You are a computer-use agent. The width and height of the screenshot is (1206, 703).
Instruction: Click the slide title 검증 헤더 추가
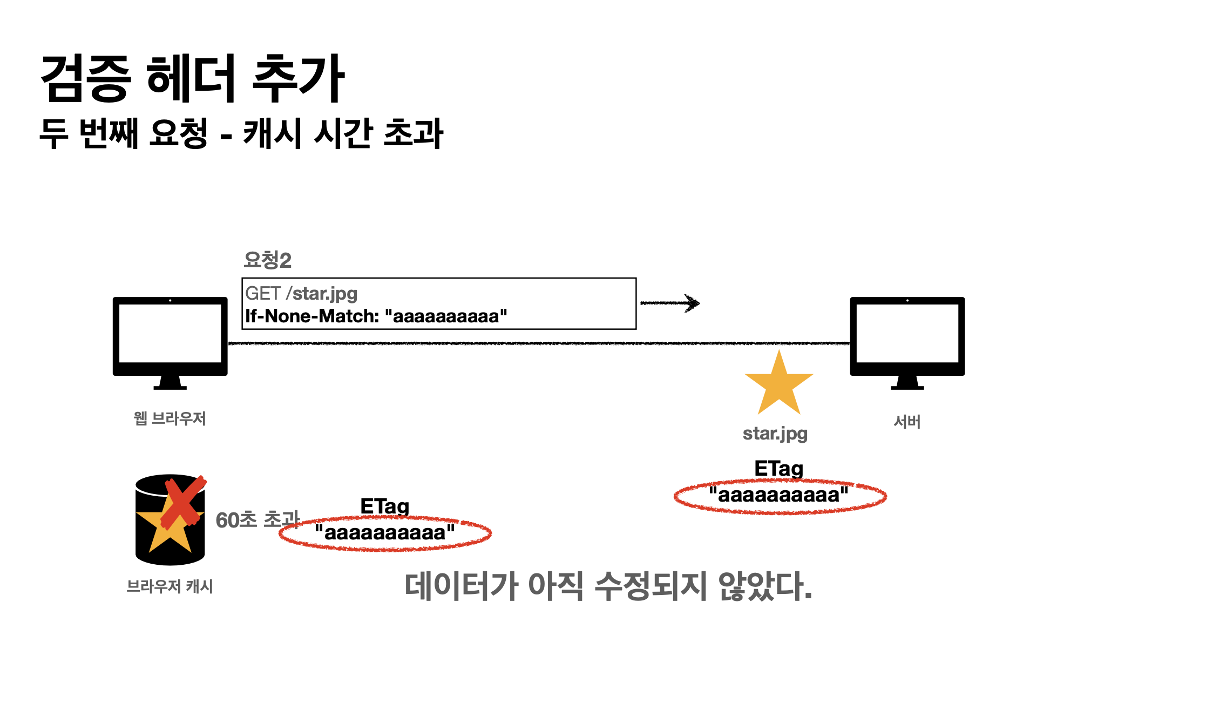tap(193, 78)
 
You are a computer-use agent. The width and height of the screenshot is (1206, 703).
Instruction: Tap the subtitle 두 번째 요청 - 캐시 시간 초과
tap(241, 133)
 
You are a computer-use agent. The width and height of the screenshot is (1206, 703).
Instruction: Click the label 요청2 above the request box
tap(267, 260)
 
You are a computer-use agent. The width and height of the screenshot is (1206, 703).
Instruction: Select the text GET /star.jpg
tap(301, 293)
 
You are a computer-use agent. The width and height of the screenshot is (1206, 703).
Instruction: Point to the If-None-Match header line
tap(376, 316)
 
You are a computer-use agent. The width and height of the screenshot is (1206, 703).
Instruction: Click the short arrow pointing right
tap(670, 303)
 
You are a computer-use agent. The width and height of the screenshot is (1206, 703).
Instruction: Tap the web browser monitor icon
tap(170, 343)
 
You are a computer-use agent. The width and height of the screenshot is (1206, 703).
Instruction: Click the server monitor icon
tap(907, 343)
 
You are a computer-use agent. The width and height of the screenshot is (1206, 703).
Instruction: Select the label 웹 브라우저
tap(170, 418)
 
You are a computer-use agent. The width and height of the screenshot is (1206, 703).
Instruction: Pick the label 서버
tap(907, 422)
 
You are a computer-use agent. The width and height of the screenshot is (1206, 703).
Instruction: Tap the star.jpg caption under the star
tap(775, 434)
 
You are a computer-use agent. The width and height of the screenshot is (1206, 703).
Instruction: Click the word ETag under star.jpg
tap(779, 469)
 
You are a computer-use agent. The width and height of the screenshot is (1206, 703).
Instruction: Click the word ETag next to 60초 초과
tap(385, 506)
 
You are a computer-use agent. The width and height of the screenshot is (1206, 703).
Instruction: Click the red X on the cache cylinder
tap(184, 501)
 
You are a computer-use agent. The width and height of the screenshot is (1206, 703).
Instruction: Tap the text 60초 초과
tap(258, 520)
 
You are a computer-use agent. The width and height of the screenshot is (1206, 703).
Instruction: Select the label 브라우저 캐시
tap(170, 586)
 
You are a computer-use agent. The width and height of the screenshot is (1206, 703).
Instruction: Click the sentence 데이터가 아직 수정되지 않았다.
tap(608, 586)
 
